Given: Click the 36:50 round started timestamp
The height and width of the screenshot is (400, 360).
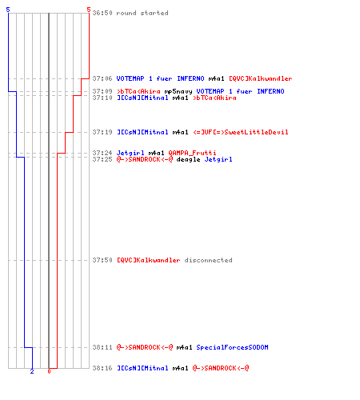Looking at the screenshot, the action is [102, 13].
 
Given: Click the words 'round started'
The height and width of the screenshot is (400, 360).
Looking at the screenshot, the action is [142, 13].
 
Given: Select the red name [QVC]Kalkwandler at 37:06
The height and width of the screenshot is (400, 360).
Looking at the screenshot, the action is [261, 78].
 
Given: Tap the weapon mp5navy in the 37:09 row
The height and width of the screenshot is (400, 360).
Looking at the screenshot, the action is [178, 92].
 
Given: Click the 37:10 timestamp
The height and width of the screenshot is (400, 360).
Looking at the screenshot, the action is [102, 98].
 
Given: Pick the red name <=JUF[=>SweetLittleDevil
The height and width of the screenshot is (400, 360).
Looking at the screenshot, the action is [241, 132].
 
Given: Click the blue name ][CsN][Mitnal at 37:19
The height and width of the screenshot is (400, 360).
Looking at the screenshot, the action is [142, 132].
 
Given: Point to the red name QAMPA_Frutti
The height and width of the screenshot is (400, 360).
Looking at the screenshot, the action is [192, 153].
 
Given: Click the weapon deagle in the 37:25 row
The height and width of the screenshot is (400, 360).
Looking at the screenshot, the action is [188, 159].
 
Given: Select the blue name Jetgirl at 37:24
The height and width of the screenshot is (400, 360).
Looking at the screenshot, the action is [130, 153].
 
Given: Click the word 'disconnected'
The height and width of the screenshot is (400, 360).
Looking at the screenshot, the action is [208, 260].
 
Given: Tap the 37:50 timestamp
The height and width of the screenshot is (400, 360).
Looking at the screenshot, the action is [102, 260].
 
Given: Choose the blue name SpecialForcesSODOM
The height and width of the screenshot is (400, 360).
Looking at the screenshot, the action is [232, 347].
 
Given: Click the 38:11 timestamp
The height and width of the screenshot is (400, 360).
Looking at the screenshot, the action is [102, 347].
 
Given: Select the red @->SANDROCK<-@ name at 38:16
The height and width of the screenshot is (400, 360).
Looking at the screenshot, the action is [221, 368].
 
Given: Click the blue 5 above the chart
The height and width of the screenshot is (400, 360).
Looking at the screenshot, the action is [8, 10].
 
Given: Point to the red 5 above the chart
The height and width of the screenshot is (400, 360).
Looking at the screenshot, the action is [89, 10].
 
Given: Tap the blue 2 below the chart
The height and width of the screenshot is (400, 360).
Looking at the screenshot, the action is [32, 371].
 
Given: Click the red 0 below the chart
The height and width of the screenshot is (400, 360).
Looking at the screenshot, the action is [49, 371].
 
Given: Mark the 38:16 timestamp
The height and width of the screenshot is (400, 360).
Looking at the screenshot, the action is [102, 368].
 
